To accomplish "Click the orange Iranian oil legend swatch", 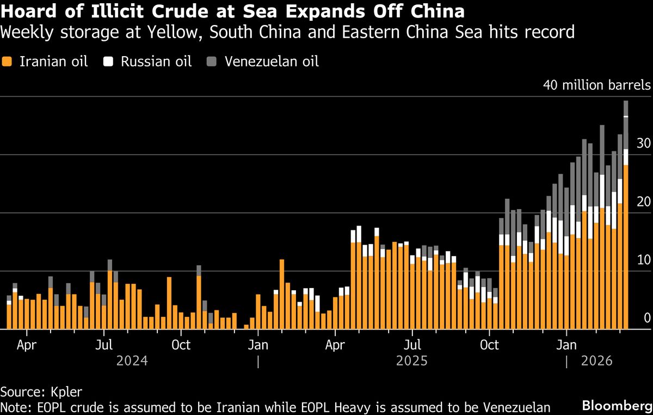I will [x=8, y=62].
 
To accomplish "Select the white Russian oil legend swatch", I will [x=109, y=62].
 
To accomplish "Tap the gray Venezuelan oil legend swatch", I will [x=211, y=62].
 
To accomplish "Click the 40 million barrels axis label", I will [x=596, y=86].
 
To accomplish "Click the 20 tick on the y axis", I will [x=644, y=202].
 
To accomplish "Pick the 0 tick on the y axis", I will [x=647, y=318].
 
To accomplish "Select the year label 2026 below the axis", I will [x=596, y=361].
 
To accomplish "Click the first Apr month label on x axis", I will [x=26, y=345].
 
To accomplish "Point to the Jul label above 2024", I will [x=103, y=345].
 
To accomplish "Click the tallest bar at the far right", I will [x=626, y=218].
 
